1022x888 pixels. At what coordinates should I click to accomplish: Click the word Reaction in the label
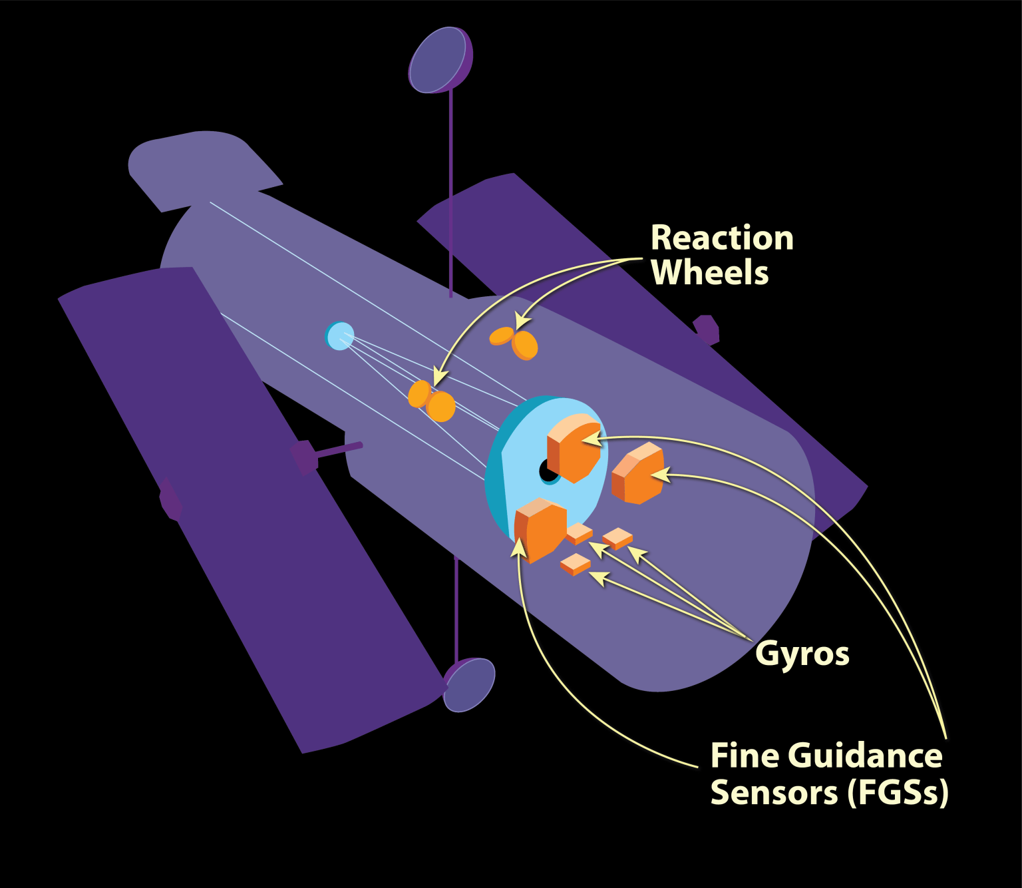(x=722, y=238)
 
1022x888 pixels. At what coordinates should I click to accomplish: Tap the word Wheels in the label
(x=709, y=273)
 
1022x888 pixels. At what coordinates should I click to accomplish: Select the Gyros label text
(x=802, y=654)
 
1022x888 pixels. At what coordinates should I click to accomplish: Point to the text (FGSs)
(x=898, y=792)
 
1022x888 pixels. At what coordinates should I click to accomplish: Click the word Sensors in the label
(x=774, y=792)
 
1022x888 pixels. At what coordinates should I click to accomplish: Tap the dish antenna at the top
(x=438, y=60)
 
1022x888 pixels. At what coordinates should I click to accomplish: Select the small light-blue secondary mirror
(x=340, y=335)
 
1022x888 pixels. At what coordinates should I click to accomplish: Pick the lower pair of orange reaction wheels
(x=431, y=401)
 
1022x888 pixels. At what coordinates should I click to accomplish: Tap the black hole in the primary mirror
(x=548, y=471)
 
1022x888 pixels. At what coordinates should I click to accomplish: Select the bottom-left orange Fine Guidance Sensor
(x=540, y=530)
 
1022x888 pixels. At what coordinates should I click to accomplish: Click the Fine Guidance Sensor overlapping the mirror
(x=574, y=446)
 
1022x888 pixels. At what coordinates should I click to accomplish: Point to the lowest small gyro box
(x=576, y=564)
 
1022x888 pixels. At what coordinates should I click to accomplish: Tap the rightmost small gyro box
(x=617, y=538)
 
